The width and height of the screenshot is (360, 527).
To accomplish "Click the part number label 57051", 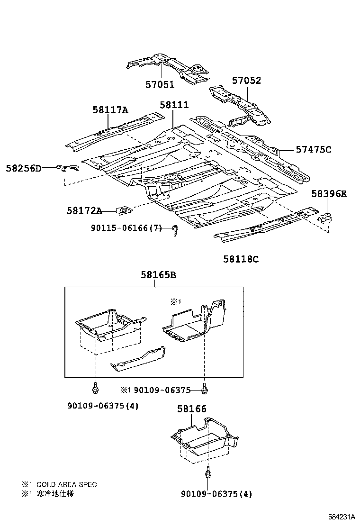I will (x=160, y=85).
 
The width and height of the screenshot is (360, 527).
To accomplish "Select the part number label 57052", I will (x=246, y=81).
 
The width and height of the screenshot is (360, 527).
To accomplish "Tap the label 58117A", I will (x=110, y=110).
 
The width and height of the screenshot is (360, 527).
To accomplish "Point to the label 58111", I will (x=174, y=105).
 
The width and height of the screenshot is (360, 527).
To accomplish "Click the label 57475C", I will (x=313, y=149).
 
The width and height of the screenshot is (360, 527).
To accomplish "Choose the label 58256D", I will (x=24, y=168).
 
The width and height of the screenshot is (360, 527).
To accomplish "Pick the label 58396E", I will (x=329, y=193).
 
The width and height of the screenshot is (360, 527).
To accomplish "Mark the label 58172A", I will (x=84, y=210).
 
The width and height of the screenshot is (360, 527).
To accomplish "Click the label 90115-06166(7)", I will (x=126, y=228).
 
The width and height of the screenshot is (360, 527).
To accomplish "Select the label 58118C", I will (x=241, y=259).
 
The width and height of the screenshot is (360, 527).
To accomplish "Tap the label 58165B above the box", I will (x=158, y=275).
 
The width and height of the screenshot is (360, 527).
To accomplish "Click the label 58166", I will (x=192, y=409).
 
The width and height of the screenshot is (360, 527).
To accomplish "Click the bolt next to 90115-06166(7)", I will (x=175, y=231).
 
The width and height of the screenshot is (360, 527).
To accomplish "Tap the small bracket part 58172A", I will (x=124, y=209).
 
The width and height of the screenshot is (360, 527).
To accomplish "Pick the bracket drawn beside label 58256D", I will (x=68, y=167).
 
